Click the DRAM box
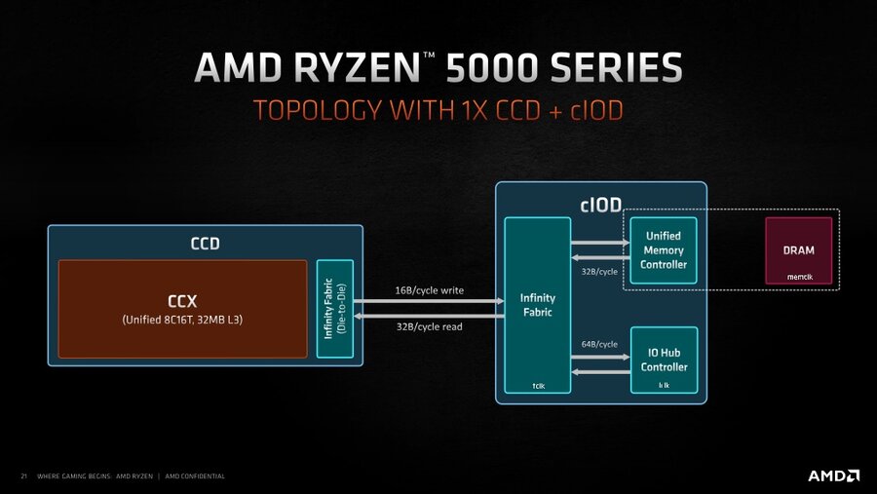[x=798, y=249]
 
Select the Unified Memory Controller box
[x=664, y=250]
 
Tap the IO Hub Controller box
[x=664, y=361]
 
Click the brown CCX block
[x=183, y=308]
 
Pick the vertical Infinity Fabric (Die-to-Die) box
[x=334, y=308]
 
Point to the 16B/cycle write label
[x=429, y=290]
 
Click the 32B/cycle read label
[x=429, y=326]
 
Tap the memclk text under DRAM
[x=799, y=277]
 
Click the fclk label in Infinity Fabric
[x=537, y=386]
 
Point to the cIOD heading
[x=600, y=204]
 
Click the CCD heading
[x=205, y=244]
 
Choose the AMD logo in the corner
[x=833, y=475]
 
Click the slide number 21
[x=23, y=476]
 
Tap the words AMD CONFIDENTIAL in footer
[x=195, y=476]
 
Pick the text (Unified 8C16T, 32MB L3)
[x=183, y=320]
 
